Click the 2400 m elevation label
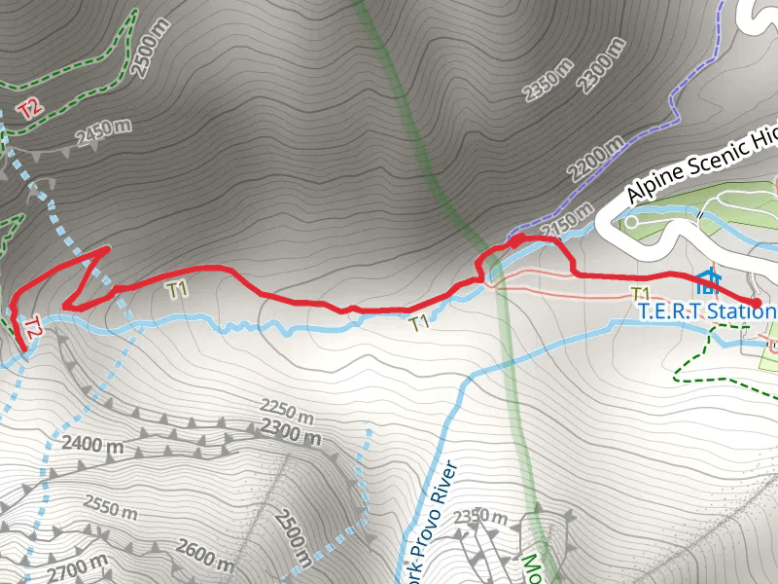pyautogui.click(x=93, y=446)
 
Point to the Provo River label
pyautogui.click(x=433, y=521)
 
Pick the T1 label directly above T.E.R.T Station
pyautogui.click(x=640, y=293)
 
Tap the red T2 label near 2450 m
pyautogui.click(x=29, y=107)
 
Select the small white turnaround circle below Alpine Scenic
pyautogui.click(x=631, y=222)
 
